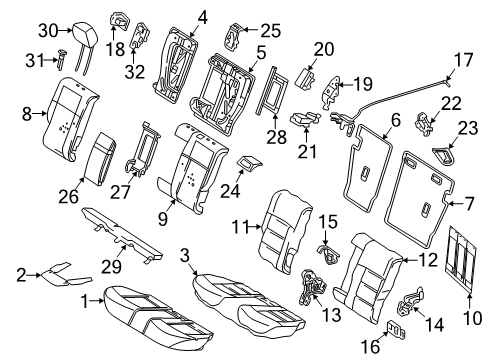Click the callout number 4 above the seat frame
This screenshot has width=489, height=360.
(x=203, y=16)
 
